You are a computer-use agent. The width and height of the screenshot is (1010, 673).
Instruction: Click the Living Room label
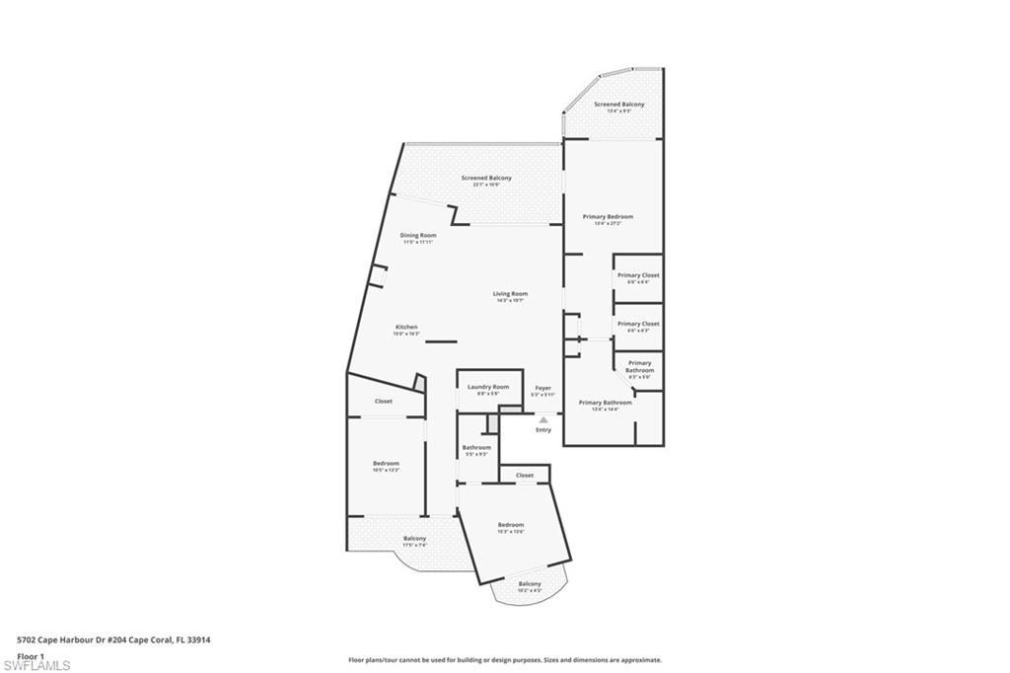511,294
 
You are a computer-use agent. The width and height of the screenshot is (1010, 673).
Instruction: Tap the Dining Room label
417,236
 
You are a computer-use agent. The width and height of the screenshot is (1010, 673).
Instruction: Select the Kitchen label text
406,328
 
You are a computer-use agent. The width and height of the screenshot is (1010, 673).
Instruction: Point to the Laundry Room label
488,387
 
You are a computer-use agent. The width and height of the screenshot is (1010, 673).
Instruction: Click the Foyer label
542,388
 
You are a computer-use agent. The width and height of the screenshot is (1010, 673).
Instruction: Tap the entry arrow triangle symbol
542,419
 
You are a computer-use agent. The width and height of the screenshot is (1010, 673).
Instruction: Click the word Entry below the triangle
543,430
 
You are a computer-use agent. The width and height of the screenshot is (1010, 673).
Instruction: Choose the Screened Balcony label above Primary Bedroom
619,105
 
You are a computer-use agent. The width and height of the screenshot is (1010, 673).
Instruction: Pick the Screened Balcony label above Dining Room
486,179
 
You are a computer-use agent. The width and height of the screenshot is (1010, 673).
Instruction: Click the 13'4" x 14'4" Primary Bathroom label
605,403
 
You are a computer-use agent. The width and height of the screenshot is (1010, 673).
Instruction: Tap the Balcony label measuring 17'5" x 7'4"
414,539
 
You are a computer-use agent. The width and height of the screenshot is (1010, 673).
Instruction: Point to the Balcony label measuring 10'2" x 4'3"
530,584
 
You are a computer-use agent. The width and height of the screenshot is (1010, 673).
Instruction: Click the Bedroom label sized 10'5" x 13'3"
386,464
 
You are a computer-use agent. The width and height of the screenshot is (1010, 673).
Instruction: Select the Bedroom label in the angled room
510,525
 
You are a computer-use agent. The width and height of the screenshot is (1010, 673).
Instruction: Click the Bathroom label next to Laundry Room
476,448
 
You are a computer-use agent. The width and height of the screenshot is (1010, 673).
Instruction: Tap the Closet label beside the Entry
525,476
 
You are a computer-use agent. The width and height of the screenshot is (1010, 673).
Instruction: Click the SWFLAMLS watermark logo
36,665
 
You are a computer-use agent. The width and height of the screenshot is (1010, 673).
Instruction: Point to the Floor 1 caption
32,655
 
